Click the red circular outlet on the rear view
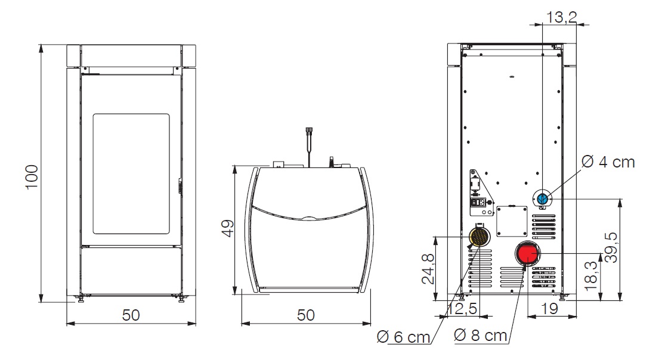point(528,253)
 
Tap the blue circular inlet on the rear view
point(542,198)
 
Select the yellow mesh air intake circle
point(480,237)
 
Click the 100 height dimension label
point(32,177)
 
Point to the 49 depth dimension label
point(228,228)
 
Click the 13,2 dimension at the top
point(562,17)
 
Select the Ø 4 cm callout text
point(608,162)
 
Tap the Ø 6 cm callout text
point(403,337)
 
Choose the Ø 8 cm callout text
point(480,335)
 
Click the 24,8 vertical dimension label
point(428,269)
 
